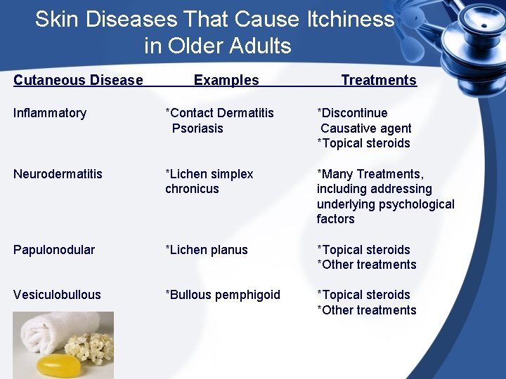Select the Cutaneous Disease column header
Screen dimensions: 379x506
[x=78, y=80]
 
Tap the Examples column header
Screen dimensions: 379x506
[x=226, y=80]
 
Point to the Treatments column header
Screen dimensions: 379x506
[x=379, y=80]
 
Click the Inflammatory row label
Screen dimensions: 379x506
[x=50, y=113]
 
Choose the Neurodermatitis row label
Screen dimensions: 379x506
[x=58, y=174]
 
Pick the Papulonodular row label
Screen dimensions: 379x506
[x=54, y=250]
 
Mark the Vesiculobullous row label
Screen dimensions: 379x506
[x=57, y=295]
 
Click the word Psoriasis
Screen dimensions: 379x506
[x=197, y=128]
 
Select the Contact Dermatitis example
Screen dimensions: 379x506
[x=222, y=113]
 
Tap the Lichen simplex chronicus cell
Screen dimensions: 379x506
[x=209, y=181]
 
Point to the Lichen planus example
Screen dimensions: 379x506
[x=209, y=250]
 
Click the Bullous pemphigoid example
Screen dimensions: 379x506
[x=225, y=295]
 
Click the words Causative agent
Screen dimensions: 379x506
[x=366, y=128]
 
